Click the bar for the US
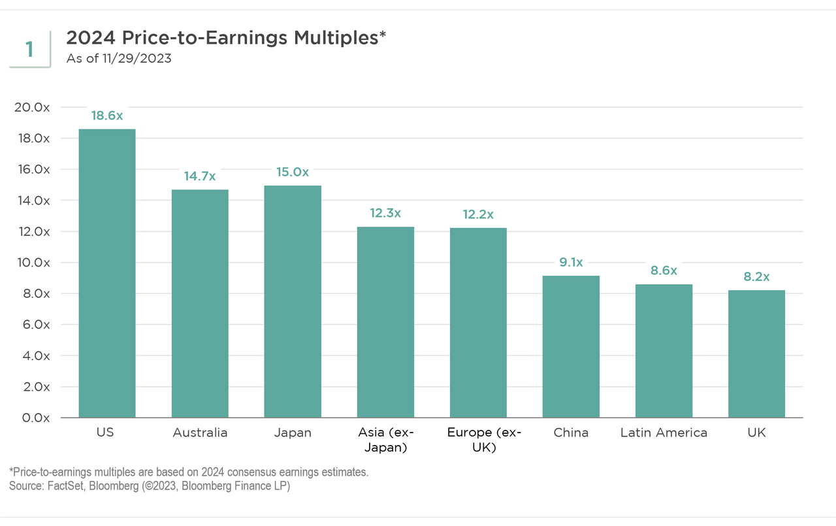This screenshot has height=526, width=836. (107, 273)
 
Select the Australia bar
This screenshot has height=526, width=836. (200, 303)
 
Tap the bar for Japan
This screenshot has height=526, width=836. (293, 301)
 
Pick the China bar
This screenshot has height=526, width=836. (571, 346)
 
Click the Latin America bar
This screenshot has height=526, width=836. (664, 351)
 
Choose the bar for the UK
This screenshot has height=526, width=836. (756, 353)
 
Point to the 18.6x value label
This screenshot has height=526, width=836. (107, 115)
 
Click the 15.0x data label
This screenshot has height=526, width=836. (293, 172)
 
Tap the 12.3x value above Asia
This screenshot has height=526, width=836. (385, 213)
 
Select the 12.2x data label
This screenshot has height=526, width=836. (478, 214)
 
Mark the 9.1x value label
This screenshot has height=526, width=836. (571, 262)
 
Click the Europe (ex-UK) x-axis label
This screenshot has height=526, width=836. (478, 440)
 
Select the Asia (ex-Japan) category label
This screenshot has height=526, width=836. (385, 440)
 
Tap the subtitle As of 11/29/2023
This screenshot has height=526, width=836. (119, 59)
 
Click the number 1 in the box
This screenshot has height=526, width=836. (29, 50)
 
